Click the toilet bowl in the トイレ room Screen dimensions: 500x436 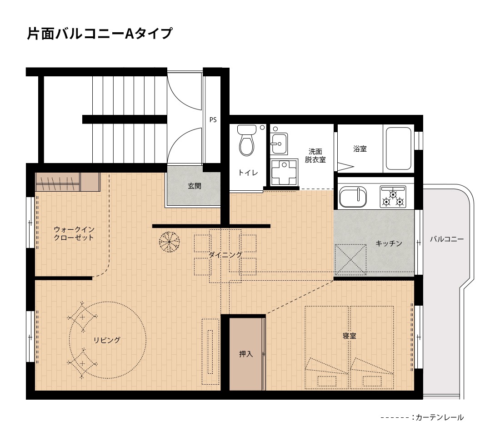247,140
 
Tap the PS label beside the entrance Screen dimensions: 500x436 213,120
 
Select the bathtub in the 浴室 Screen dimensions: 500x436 398,148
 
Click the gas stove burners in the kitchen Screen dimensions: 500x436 393,197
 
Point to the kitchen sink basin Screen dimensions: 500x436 353,197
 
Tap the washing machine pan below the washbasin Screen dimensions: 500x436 284,173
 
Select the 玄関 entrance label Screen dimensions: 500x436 194,186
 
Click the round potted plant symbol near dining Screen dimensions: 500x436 170,242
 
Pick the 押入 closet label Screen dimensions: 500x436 246,354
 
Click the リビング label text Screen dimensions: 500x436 107,340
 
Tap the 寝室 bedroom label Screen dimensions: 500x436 350,336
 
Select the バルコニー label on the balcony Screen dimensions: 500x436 447,239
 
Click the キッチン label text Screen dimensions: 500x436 389,243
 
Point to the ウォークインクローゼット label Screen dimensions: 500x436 74,233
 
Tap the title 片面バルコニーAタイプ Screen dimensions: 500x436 100,34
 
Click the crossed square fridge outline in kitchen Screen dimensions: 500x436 350,259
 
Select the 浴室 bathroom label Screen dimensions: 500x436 360,149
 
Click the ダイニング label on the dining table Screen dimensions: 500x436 225,255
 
